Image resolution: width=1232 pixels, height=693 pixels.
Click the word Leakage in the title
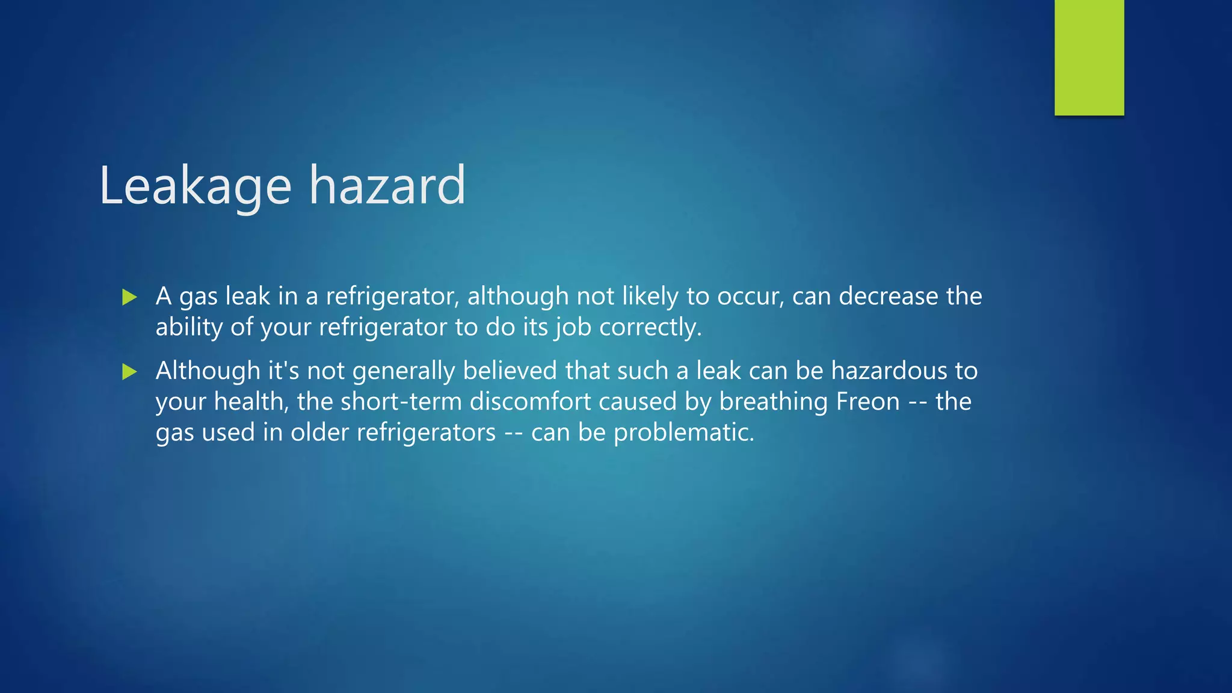[195, 186]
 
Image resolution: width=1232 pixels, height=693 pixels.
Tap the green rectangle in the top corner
[1089, 58]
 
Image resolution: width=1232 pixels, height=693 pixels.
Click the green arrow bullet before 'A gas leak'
[129, 297]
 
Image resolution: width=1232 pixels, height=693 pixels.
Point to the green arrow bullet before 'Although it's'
[129, 371]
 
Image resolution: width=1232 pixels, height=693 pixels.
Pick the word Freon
[867, 401]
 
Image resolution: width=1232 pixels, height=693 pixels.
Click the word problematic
[683, 433]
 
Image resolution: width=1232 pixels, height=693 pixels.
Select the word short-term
[401, 401]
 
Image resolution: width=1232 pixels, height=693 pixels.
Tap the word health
[250, 401]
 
